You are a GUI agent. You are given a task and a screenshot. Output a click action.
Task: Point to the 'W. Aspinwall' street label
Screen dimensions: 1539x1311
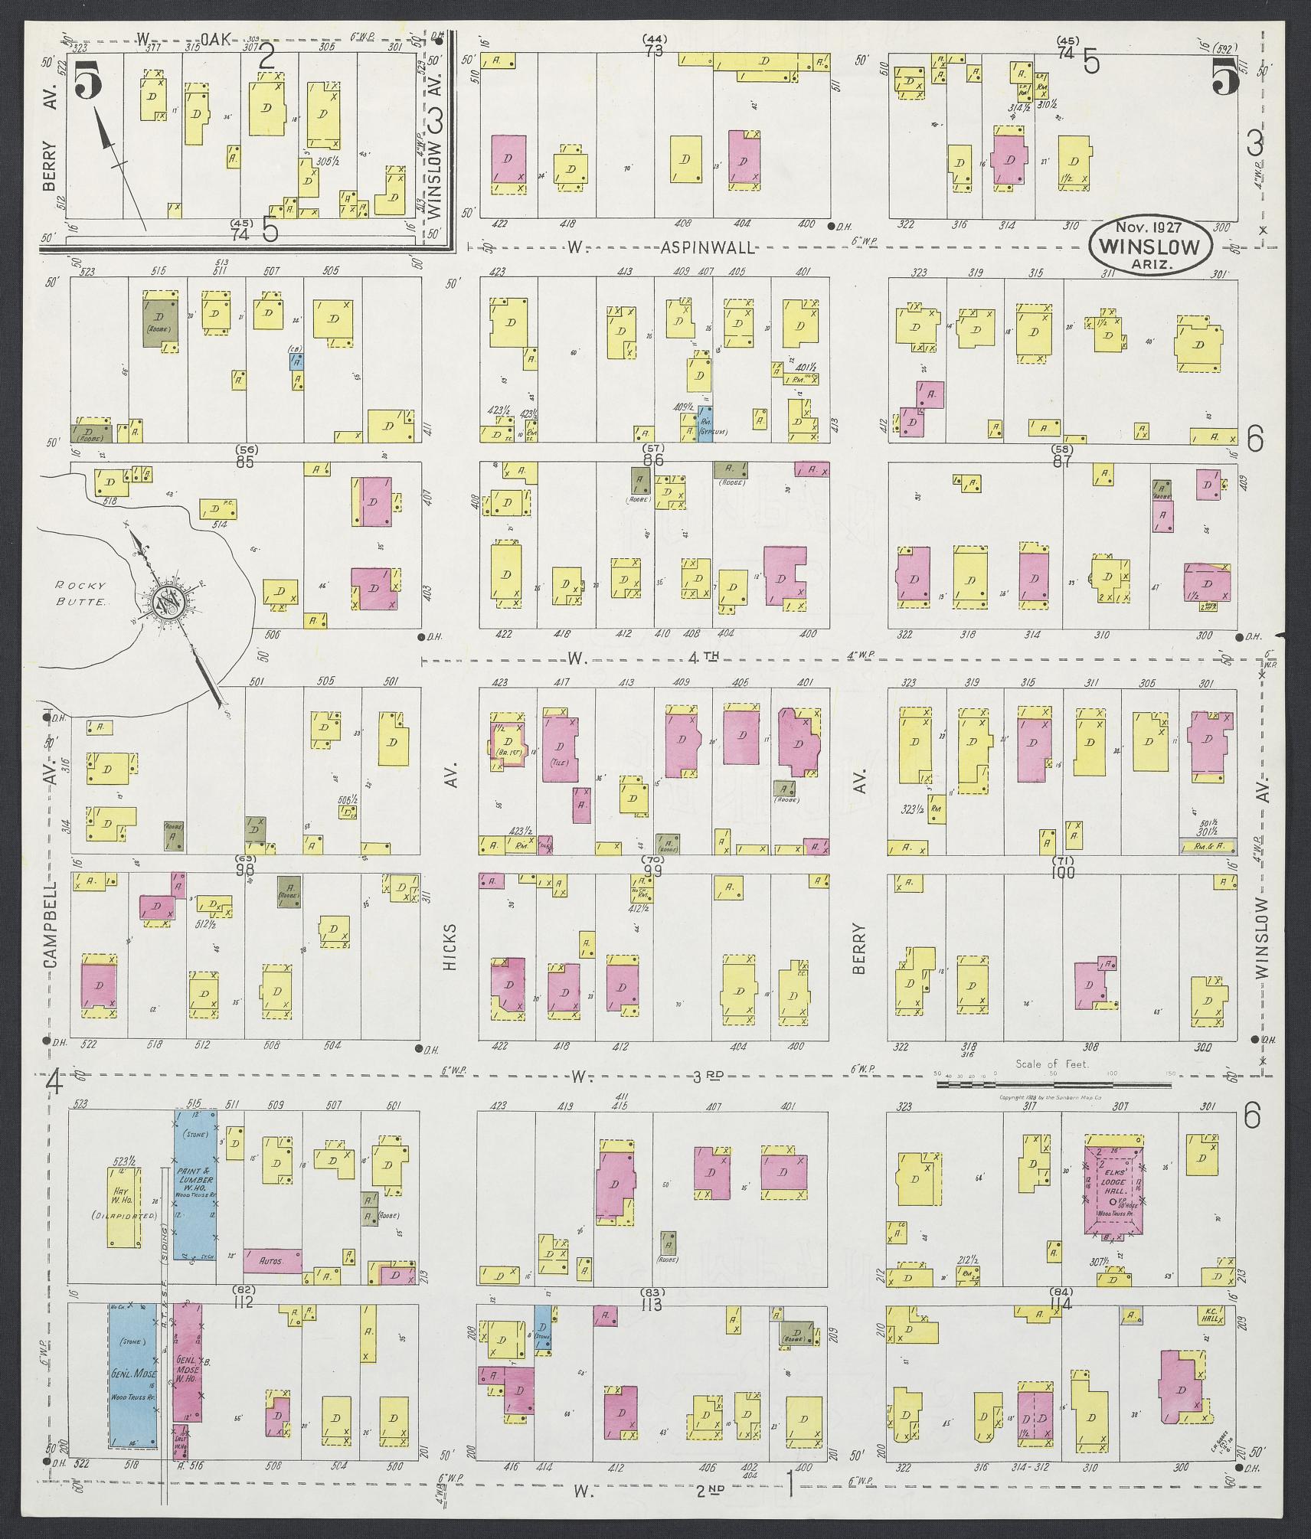pos(662,247)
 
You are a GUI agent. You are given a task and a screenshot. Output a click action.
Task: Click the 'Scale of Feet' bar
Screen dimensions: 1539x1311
pos(1053,1073)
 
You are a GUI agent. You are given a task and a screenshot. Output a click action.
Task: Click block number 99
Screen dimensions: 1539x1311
pos(652,871)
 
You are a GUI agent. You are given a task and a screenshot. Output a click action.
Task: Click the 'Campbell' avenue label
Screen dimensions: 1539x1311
pos(51,924)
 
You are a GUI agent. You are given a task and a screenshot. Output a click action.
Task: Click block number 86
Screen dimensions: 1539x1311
pos(652,460)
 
